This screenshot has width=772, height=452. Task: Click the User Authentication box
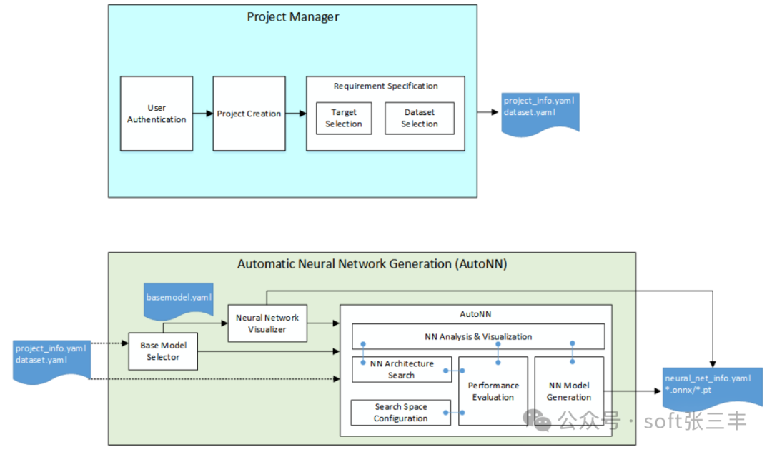(x=157, y=114)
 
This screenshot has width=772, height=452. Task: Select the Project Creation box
(x=249, y=114)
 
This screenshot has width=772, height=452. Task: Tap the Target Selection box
(x=344, y=118)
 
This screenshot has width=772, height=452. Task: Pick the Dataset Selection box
(x=420, y=118)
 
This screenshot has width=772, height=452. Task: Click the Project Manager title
(x=293, y=17)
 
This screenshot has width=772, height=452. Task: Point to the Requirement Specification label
(x=385, y=86)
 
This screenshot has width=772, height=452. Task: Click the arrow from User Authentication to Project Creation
(x=203, y=114)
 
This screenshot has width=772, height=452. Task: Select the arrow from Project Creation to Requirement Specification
(x=296, y=114)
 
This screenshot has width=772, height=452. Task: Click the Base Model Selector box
(x=163, y=351)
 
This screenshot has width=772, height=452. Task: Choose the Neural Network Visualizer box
(x=267, y=323)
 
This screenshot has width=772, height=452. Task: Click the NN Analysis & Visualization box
(x=478, y=336)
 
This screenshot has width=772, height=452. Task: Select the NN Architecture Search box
(x=402, y=369)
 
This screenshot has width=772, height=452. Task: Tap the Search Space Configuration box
(x=401, y=413)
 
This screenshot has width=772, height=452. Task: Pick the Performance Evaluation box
(x=493, y=391)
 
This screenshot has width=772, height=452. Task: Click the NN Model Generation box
(x=569, y=391)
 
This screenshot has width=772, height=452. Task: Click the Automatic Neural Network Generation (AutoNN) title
(x=372, y=264)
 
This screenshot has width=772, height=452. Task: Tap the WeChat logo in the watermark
(x=537, y=421)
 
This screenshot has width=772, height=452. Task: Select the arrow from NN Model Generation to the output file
(x=633, y=391)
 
